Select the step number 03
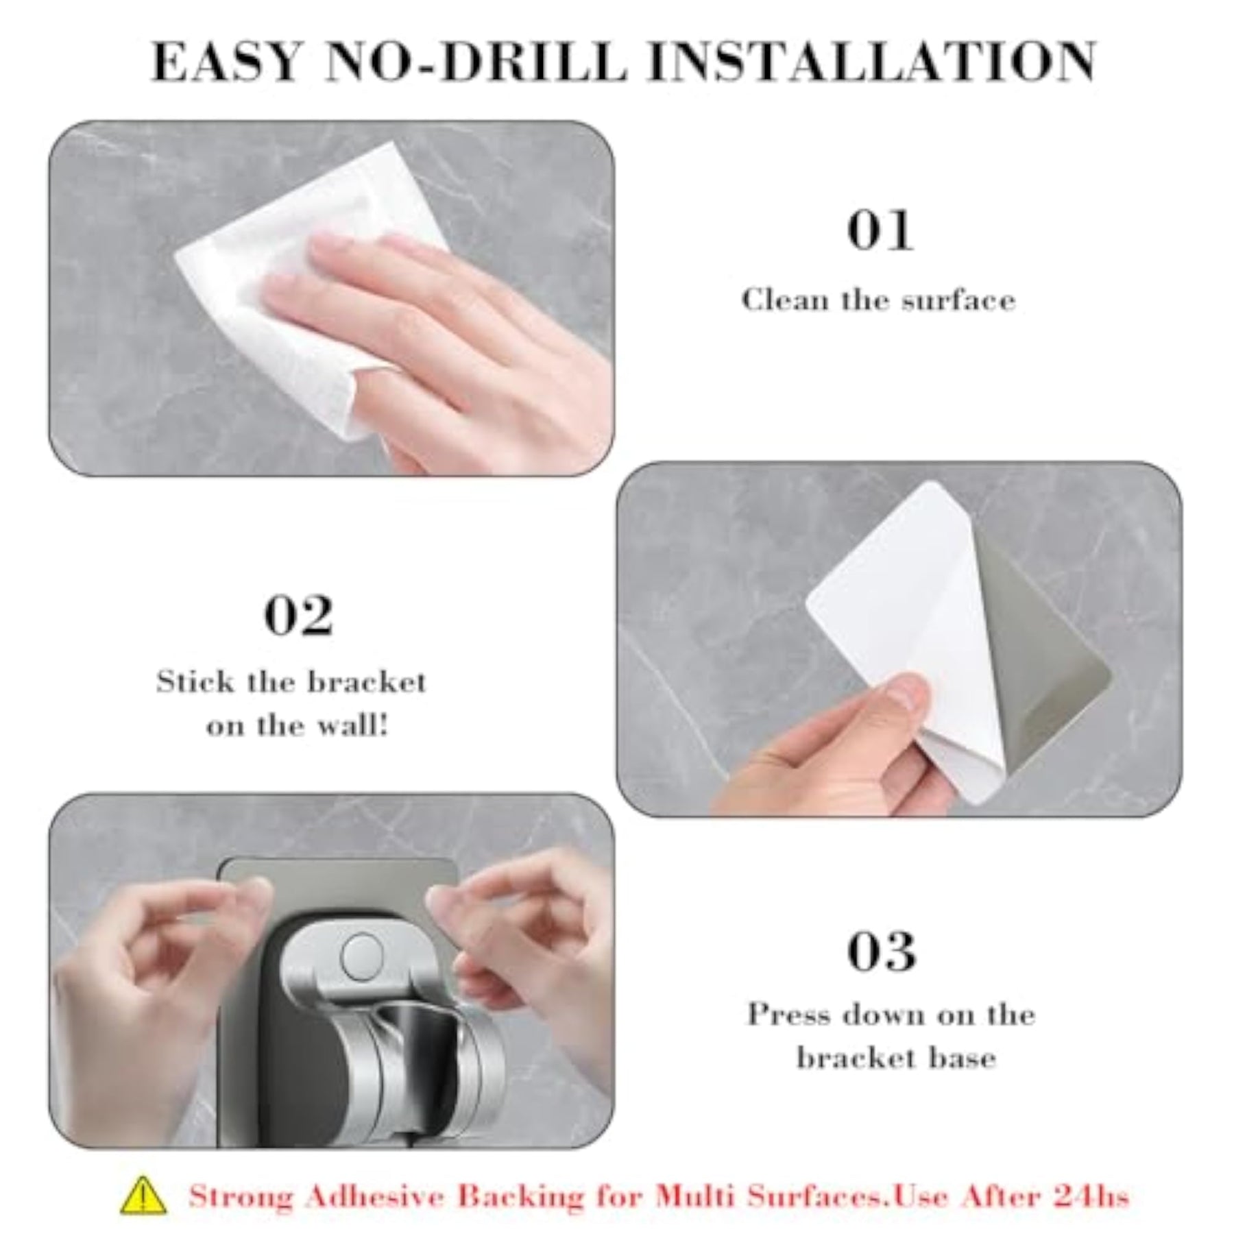(x=882, y=951)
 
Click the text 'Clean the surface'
(x=878, y=300)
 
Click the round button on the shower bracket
(x=363, y=956)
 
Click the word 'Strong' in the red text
(x=241, y=1196)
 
